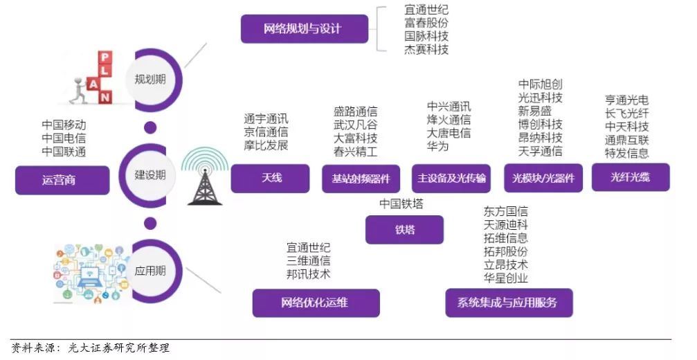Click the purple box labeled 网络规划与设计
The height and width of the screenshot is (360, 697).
(305, 29)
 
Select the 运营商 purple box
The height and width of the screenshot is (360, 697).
(62, 180)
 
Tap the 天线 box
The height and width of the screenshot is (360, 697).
(270, 178)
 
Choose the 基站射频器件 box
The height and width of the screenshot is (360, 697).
(361, 179)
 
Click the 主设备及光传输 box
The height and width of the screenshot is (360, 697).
(451, 178)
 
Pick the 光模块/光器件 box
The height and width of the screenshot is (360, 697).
(543, 178)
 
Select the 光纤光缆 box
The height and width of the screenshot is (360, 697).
(631, 177)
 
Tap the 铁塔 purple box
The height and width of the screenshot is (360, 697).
(404, 230)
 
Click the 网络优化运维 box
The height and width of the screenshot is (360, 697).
(316, 303)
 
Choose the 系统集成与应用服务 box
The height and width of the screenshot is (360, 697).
(509, 303)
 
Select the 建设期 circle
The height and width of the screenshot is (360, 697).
(150, 175)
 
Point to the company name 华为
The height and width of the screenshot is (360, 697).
(438, 146)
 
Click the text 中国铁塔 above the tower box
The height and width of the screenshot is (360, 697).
(401, 204)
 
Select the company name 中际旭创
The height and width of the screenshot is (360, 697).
(540, 84)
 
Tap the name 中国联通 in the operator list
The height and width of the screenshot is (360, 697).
(64, 152)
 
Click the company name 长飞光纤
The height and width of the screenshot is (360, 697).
(627, 114)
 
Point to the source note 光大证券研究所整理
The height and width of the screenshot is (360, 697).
(118, 348)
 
